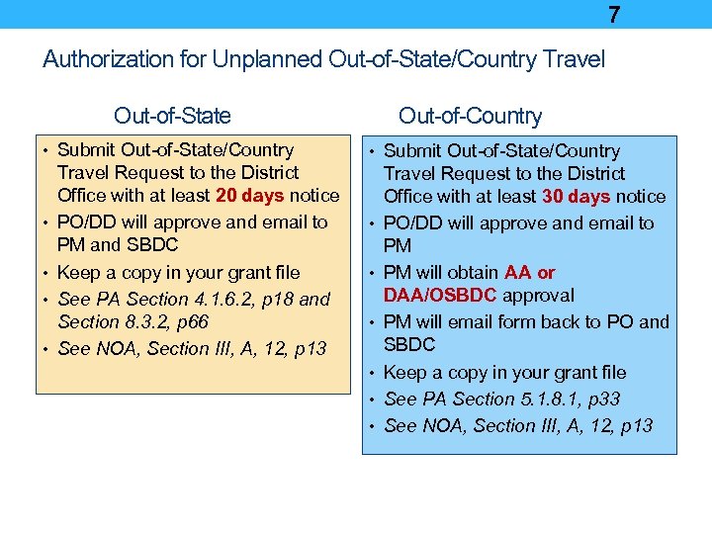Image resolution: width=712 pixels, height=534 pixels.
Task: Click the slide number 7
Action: coord(614,15)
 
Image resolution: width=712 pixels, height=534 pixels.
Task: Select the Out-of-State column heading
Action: coord(172,116)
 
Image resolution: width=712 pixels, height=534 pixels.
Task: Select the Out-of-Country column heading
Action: coord(470,116)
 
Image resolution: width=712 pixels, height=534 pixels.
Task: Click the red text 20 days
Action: coord(251,196)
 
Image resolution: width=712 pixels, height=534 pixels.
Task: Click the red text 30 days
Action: coord(577,197)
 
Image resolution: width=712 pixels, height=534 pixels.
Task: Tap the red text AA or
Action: coord(530,272)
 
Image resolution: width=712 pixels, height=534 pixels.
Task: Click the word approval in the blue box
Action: coord(538,295)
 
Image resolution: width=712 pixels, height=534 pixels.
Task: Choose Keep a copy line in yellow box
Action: coord(178,272)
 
